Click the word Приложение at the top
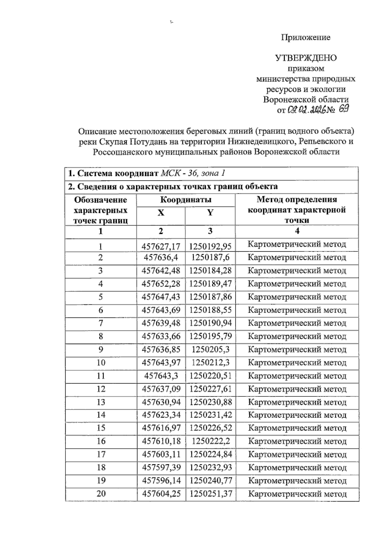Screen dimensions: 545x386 (x=306, y=37)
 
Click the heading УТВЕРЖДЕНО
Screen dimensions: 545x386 (x=306, y=58)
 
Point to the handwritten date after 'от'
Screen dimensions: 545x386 (x=307, y=110)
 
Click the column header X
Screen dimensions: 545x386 (x=161, y=213)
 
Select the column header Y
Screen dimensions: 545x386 (x=210, y=213)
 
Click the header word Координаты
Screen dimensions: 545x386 (x=186, y=200)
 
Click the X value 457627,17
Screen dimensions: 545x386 (x=161, y=247)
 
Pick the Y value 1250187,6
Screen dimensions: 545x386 (x=210, y=257)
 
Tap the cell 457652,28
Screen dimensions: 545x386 (x=161, y=284)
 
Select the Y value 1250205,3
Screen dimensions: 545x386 (x=210, y=349)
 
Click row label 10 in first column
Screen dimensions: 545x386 (x=101, y=363)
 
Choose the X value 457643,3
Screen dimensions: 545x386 (x=161, y=376)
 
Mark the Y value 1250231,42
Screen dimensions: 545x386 (x=210, y=415)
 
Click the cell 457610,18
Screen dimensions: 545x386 (x=161, y=441)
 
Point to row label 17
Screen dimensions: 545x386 (x=101, y=454)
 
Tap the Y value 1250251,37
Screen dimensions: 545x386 (x=210, y=494)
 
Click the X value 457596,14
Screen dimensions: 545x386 (x=161, y=481)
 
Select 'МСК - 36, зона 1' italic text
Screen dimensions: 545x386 (x=193, y=173)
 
